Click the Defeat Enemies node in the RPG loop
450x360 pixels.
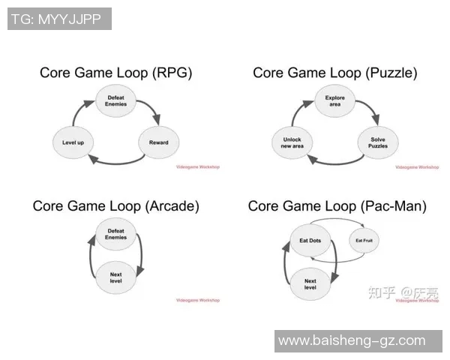[x=115, y=100]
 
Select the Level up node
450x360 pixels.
[x=73, y=142]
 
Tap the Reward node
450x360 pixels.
[x=158, y=142]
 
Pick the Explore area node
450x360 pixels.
[x=335, y=100]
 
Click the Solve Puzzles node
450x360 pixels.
[x=378, y=142]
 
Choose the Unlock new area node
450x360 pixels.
[x=292, y=142]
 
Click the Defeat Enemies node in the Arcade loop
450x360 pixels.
[x=115, y=235]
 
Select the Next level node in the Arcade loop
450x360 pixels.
[x=115, y=277]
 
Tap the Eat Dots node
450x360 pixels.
[x=310, y=240]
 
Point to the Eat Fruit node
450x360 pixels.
[x=364, y=240]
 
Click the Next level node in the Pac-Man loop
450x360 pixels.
[x=310, y=283]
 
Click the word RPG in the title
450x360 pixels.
[x=172, y=73]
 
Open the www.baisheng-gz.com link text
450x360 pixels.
[x=352, y=341]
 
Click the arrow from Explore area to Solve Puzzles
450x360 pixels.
[x=372, y=112]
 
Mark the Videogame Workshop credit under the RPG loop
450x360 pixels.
[x=197, y=166]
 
